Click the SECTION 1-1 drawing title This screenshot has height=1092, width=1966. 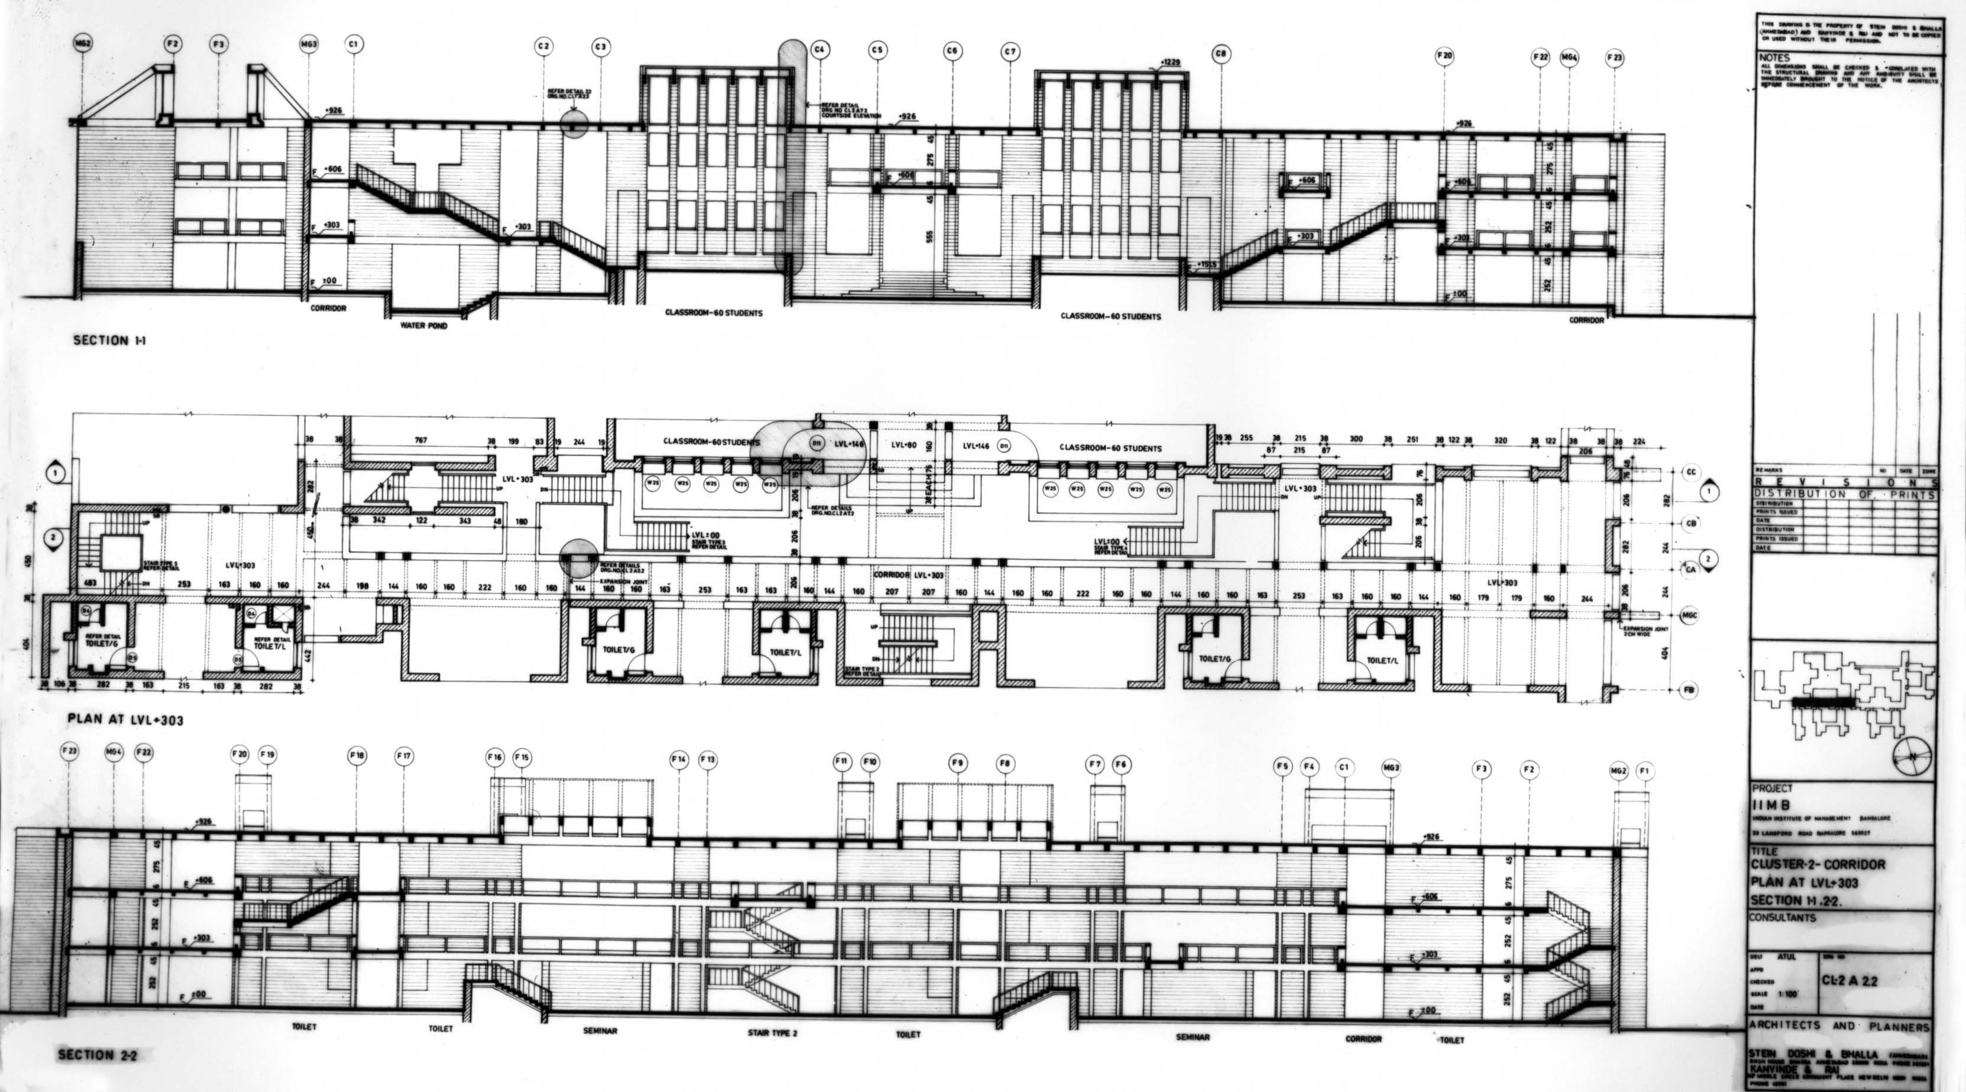pyautogui.click(x=111, y=340)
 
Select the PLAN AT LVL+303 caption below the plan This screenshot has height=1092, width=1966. pyautogui.click(x=125, y=719)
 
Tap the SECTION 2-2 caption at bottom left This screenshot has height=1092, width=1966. pyautogui.click(x=96, y=1055)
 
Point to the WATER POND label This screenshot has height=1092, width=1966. pyautogui.click(x=423, y=326)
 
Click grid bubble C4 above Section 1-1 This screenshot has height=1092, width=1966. pyautogui.click(x=820, y=51)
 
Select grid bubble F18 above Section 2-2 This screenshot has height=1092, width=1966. pyautogui.click(x=357, y=756)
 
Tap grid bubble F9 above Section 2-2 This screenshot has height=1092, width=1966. pyautogui.click(x=958, y=763)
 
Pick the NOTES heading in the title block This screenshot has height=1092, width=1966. pyautogui.click(x=1775, y=58)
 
